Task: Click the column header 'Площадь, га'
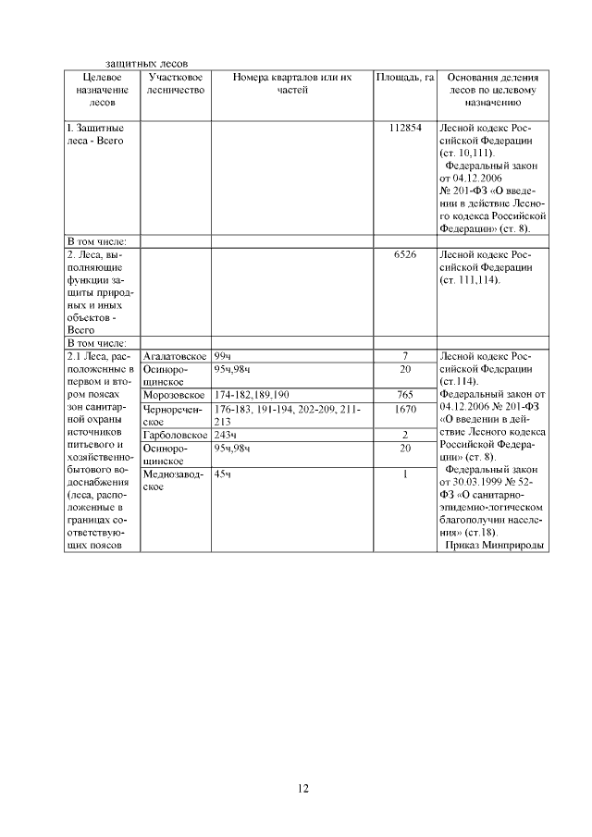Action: [404, 78]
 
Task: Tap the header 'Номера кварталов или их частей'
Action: [292, 84]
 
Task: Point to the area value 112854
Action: [404, 127]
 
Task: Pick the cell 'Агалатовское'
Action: [174, 356]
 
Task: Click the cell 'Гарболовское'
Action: [174, 435]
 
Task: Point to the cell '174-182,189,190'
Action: [251, 395]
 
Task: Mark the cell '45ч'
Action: [223, 474]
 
